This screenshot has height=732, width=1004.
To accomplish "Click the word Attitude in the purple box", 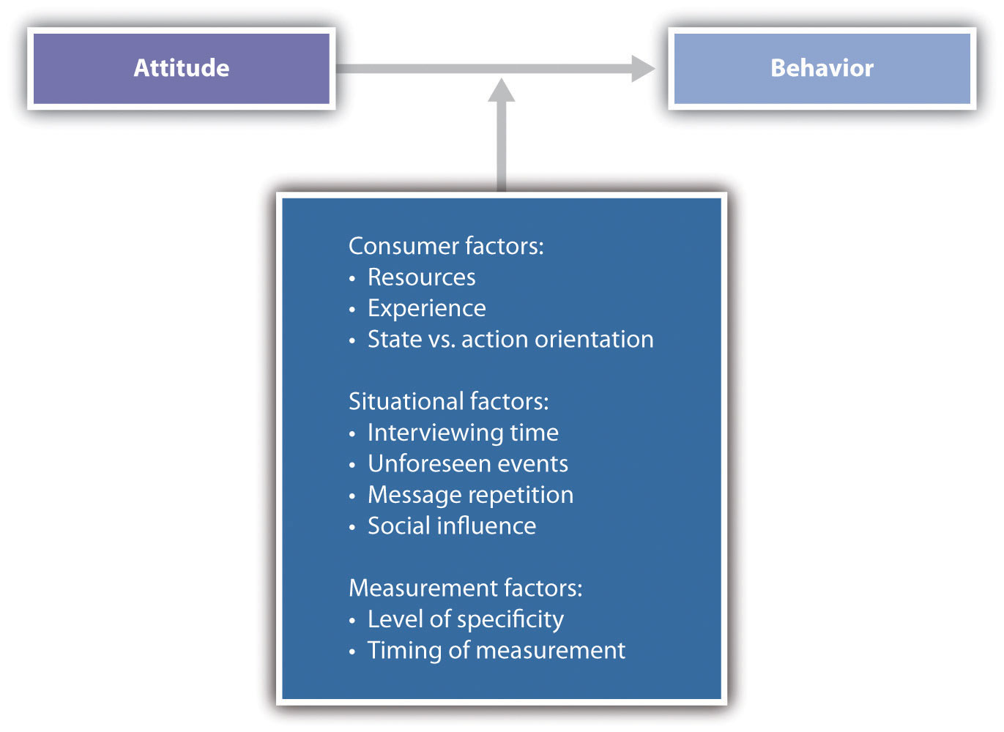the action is (182, 68).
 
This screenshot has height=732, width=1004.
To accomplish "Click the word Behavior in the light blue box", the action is (822, 68).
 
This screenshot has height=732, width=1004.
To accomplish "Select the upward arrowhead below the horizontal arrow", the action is (501, 90).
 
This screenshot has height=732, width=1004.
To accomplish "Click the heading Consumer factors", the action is (446, 246).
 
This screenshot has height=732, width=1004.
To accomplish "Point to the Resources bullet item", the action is (421, 277).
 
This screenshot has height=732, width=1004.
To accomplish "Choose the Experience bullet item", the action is (427, 309).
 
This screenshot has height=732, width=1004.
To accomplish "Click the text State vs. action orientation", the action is (510, 339).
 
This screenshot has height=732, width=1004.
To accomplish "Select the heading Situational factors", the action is (449, 401).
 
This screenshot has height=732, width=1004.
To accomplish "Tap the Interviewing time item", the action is (463, 433).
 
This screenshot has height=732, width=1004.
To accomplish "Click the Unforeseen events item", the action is (468, 463).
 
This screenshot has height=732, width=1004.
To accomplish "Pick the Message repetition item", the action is (471, 495).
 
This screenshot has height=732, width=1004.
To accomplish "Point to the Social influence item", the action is (452, 526).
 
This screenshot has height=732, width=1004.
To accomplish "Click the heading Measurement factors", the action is (465, 588).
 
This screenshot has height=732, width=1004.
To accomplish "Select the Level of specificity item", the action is (466, 619).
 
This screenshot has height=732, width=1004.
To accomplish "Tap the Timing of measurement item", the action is (497, 651).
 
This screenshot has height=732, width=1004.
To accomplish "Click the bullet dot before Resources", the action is (352, 279).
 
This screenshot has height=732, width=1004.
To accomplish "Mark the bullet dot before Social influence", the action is (352, 527).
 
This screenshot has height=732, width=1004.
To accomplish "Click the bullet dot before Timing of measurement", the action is (352, 651).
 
